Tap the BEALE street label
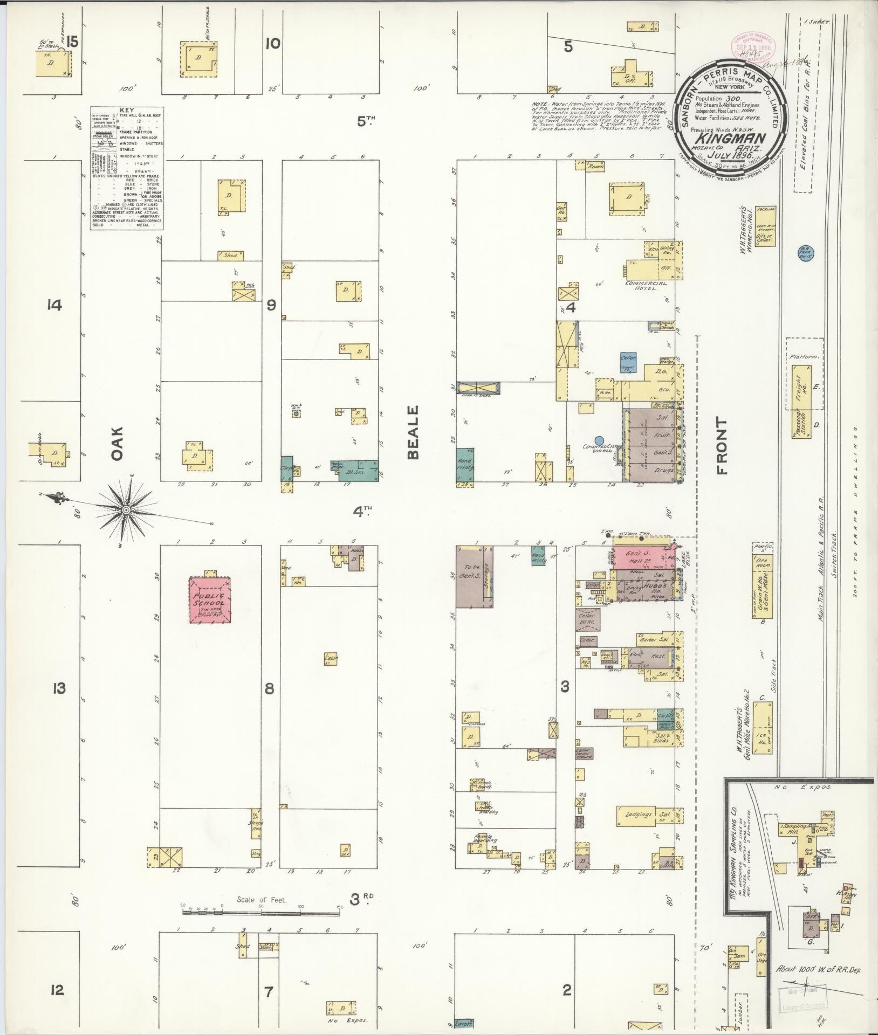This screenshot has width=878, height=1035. (414, 440)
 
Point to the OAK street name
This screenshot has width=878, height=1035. (118, 444)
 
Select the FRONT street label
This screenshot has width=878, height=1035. (722, 446)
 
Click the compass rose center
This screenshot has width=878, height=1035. (126, 509)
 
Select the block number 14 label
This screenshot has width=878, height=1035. (54, 306)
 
